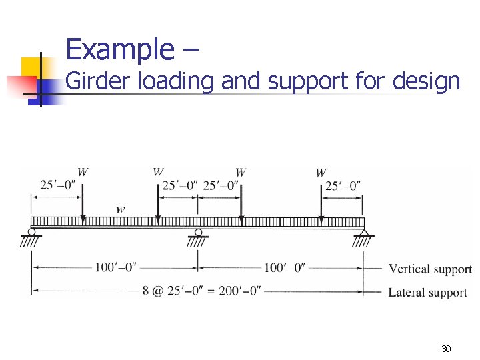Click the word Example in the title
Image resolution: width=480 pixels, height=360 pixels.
[120, 49]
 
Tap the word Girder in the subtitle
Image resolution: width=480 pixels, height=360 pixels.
[99, 81]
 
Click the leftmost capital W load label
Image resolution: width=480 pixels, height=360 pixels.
[83, 172]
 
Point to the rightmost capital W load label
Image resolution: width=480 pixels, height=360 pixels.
[321, 173]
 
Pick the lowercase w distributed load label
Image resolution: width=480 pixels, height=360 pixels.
[120, 209]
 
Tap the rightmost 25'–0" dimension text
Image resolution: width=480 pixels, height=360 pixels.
[343, 185]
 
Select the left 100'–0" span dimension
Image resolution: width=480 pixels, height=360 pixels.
[115, 267]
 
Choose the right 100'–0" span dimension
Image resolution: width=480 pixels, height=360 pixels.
[285, 267]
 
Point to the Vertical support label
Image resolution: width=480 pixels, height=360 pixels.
[430, 269]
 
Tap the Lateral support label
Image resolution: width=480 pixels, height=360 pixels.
[427, 292]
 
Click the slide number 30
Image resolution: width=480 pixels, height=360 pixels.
[447, 349]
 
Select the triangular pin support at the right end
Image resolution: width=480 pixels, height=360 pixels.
[363, 231]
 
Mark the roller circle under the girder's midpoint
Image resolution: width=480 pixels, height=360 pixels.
[198, 232]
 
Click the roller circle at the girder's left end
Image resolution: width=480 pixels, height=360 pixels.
[31, 232]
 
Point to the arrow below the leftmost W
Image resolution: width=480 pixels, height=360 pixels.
[83, 200]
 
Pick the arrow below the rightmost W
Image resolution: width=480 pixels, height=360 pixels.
[321, 200]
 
